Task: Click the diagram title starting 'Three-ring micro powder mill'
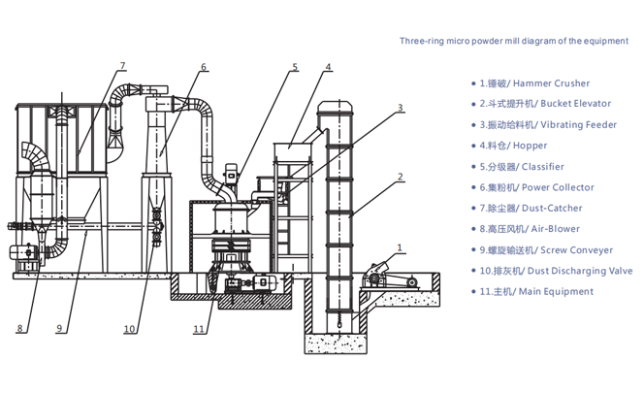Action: tap(514, 42)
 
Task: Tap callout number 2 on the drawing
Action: tap(400, 178)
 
